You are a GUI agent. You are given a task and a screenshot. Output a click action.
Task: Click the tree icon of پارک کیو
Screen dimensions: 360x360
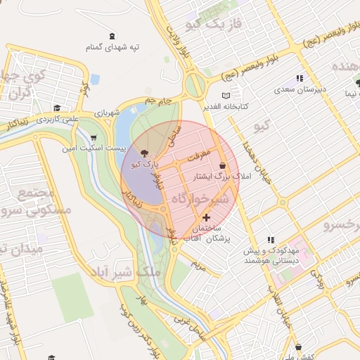pyautogui.click(x=145, y=153)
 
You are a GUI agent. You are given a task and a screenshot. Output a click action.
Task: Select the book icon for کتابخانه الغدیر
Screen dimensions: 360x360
pyautogui.click(x=226, y=96)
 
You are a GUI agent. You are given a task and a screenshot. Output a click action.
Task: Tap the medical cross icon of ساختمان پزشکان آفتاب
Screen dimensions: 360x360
pyautogui.click(x=206, y=219)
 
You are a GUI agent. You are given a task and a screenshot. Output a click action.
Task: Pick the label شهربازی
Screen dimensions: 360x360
pyautogui.click(x=107, y=112)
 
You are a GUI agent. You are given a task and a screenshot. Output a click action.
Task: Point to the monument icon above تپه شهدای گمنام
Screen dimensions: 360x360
pyautogui.click(x=112, y=36)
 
